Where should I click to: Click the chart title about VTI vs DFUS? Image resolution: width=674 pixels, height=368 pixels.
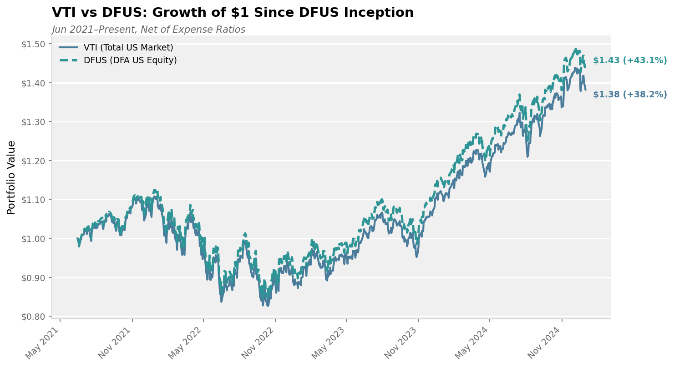click(x=233, y=13)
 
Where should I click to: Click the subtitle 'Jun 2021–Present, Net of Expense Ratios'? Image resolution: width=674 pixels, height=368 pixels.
click(x=148, y=30)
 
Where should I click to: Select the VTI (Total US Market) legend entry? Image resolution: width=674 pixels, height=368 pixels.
click(x=128, y=48)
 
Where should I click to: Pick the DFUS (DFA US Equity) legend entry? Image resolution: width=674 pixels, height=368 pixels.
click(x=130, y=60)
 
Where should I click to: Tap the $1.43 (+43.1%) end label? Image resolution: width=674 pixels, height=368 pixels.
click(x=629, y=60)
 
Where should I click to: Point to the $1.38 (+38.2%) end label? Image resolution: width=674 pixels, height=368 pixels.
click(x=629, y=95)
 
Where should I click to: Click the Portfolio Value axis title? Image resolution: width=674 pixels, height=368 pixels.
click(x=11, y=177)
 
